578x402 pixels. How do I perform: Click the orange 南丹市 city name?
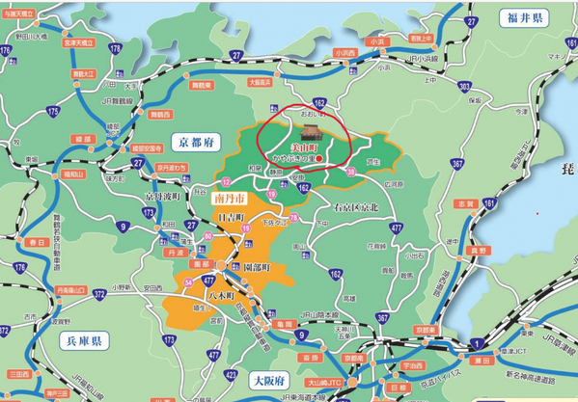[x=225, y=198]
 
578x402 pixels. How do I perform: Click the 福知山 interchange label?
[x=73, y=174]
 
